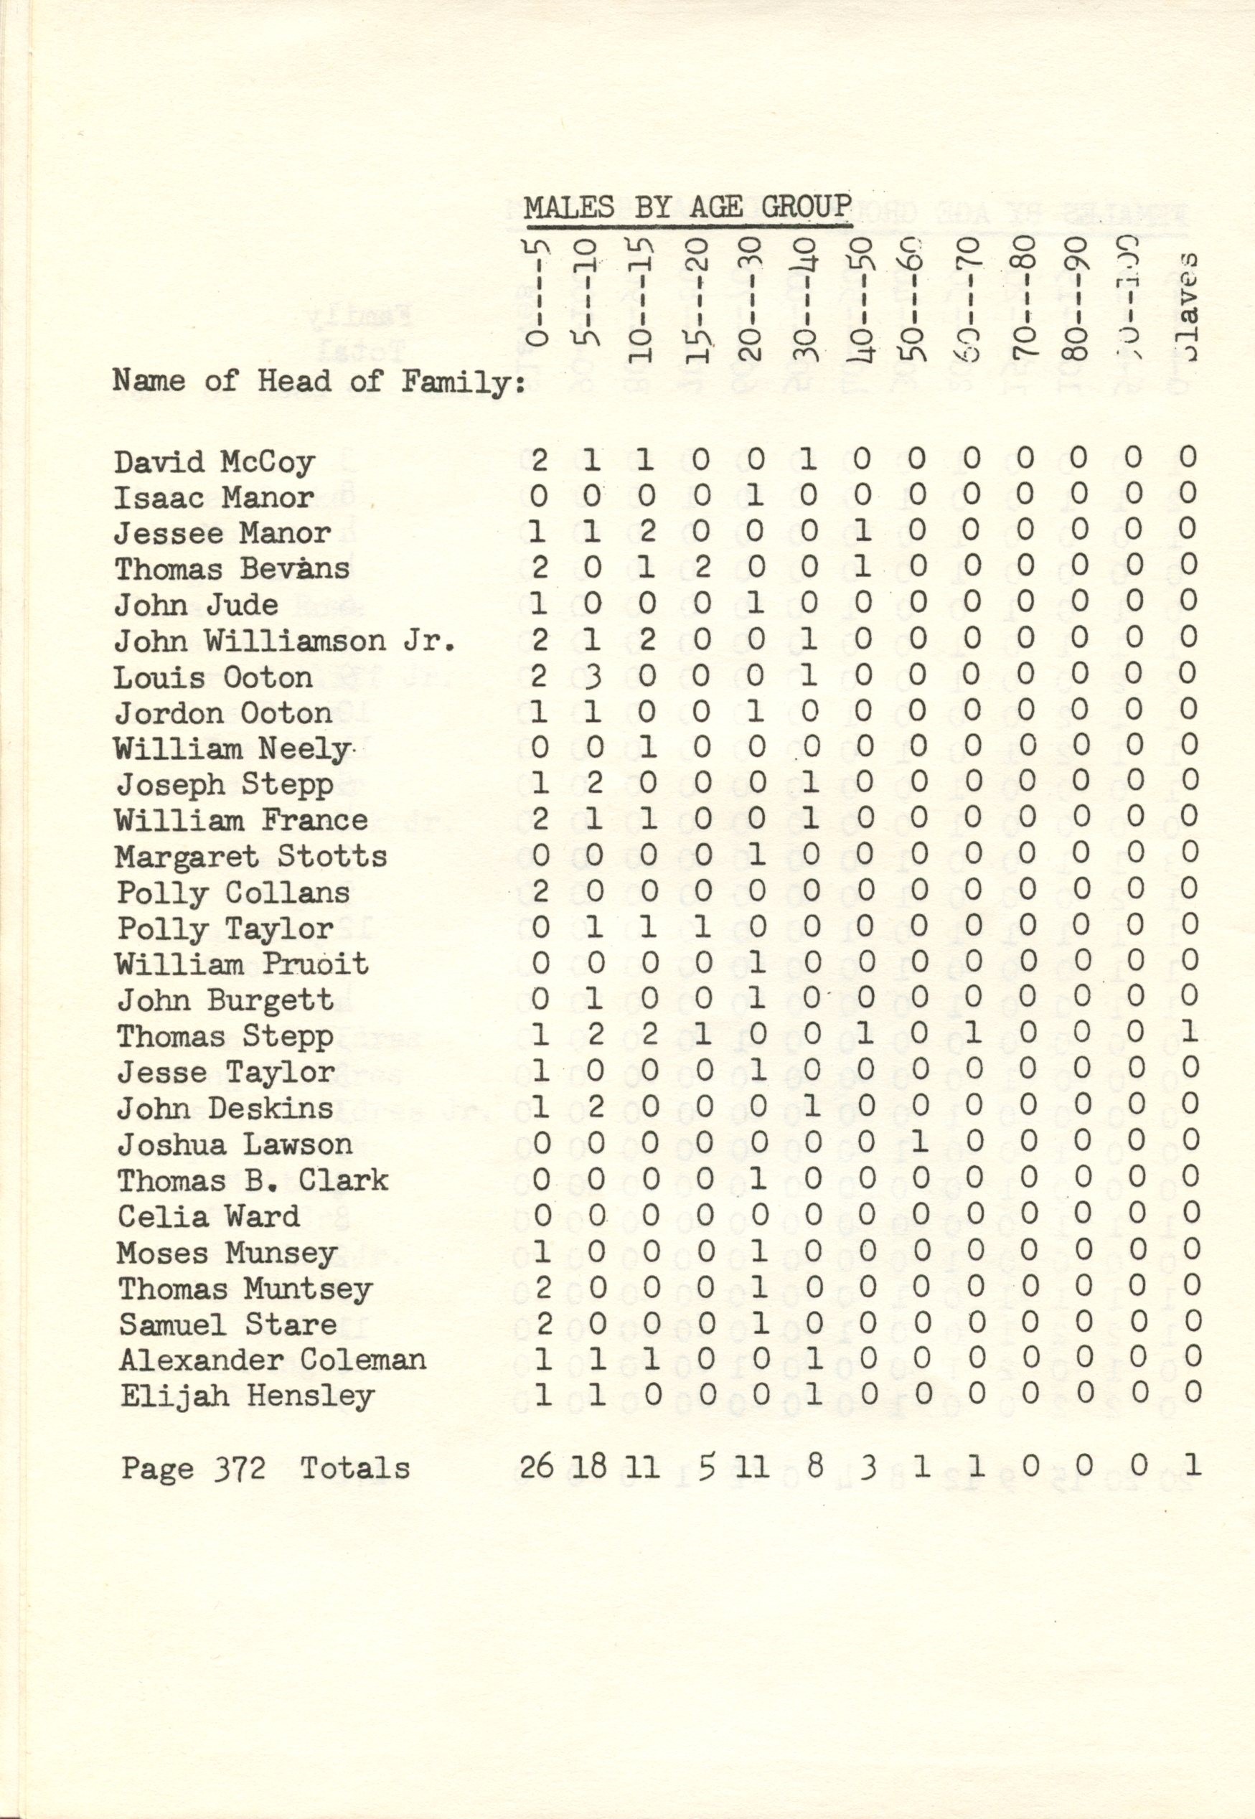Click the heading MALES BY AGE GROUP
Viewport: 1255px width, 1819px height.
coord(687,207)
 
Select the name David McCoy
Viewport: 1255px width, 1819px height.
coord(214,461)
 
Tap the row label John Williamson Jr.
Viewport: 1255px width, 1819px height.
coord(285,641)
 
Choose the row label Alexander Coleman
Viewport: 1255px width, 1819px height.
coord(272,1360)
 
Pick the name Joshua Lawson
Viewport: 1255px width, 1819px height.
coord(235,1144)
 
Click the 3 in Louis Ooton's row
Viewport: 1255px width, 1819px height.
coord(593,677)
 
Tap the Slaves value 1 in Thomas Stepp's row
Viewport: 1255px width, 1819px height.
coord(1189,1035)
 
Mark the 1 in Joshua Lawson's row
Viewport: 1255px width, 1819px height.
coord(918,1142)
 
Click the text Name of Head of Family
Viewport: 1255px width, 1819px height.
coord(319,382)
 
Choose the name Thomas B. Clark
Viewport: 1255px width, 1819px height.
coord(253,1180)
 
